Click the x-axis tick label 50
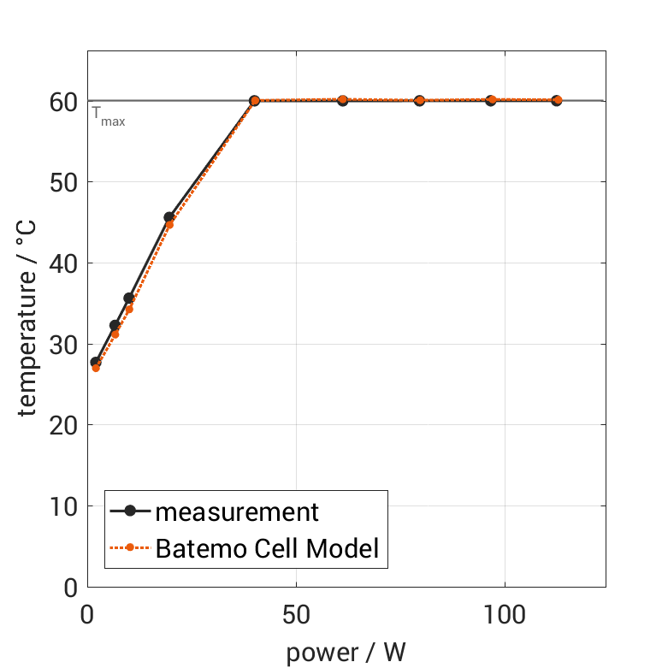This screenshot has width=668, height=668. point(296,614)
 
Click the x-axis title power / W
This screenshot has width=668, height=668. point(346,653)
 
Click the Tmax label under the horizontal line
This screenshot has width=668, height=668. point(109,117)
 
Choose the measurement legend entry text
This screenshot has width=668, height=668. point(237,512)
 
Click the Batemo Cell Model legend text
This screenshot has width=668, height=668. point(267,548)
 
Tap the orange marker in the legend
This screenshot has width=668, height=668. point(130,548)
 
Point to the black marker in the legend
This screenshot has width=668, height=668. point(130,512)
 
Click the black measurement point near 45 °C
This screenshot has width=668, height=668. point(169,217)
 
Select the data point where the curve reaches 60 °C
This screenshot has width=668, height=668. point(254,101)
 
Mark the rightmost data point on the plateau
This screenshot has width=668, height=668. point(557,100)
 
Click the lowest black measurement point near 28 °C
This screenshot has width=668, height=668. point(96,363)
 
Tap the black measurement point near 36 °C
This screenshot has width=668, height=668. point(129,298)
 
